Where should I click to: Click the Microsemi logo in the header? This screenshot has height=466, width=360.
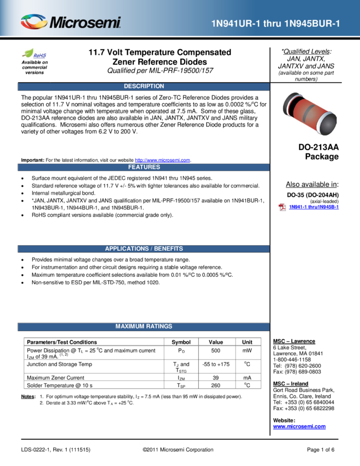[x=71, y=22]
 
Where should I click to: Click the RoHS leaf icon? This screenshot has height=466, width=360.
[x=28, y=53]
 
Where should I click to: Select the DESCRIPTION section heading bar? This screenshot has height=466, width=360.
[x=144, y=86]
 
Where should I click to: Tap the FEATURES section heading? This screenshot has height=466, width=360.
[x=144, y=167]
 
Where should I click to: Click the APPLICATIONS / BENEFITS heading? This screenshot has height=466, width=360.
[x=144, y=249]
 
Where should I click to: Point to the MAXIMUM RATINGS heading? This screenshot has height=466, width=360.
[x=144, y=326]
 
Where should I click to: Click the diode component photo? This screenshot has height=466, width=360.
[x=310, y=113]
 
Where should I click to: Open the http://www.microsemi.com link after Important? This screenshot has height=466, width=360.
[x=163, y=160]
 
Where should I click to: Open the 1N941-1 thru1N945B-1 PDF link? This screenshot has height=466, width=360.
[x=313, y=207]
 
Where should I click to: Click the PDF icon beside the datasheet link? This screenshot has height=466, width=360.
[x=282, y=207]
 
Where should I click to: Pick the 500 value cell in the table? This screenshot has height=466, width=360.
[x=216, y=351]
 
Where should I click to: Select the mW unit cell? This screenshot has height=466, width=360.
[x=247, y=351]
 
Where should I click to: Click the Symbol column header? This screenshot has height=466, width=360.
[x=181, y=342]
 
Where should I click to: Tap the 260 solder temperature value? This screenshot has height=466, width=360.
[x=216, y=385]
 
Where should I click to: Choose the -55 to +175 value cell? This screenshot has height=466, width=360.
[x=216, y=365]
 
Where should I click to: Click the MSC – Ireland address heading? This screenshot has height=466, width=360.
[x=290, y=384]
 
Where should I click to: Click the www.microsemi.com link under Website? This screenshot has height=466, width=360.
[x=299, y=427]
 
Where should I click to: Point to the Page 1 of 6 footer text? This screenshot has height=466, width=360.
[x=321, y=450]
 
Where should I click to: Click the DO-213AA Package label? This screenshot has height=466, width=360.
[x=318, y=152]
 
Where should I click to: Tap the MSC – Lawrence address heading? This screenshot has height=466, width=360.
[x=294, y=341]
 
